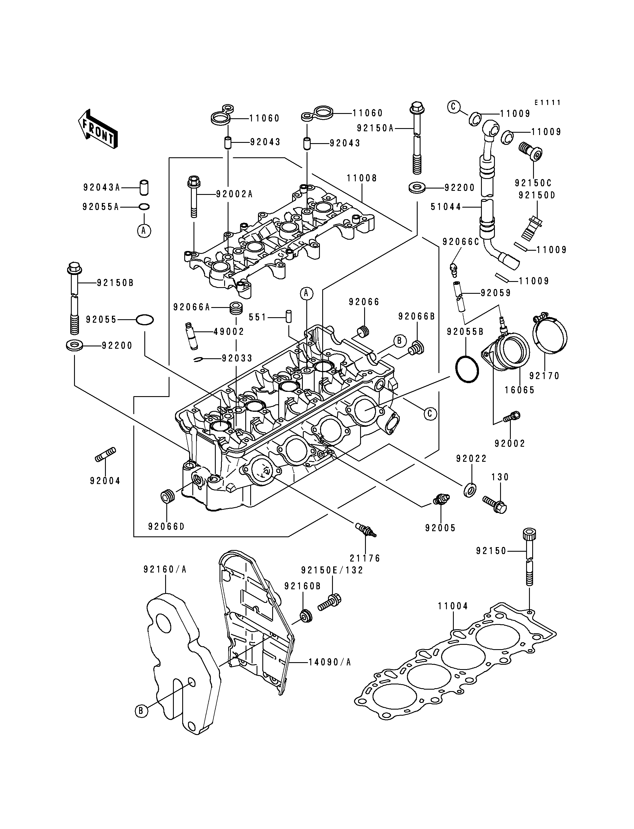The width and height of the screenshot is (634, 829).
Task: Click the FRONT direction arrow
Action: click(x=97, y=129)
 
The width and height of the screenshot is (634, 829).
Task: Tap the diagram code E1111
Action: click(x=548, y=103)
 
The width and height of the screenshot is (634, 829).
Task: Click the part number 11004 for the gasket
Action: click(x=453, y=606)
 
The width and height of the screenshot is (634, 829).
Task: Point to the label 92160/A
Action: click(x=165, y=569)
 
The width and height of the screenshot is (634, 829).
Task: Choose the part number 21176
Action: click(x=365, y=558)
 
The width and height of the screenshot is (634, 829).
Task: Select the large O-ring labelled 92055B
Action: click(x=467, y=369)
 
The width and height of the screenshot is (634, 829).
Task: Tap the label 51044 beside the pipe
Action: click(x=446, y=207)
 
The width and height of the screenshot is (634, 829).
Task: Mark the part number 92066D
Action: click(x=166, y=526)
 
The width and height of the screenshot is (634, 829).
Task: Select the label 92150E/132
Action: click(x=332, y=570)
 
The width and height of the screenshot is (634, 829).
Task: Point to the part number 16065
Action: click(x=520, y=390)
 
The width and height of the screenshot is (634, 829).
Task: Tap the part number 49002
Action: click(x=229, y=332)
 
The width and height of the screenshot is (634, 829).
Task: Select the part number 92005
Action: click(x=441, y=528)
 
